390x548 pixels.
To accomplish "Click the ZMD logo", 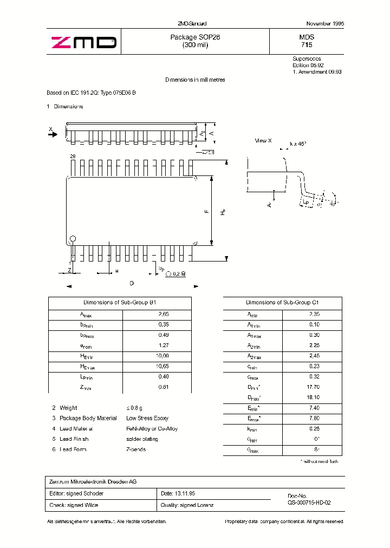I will [83, 42].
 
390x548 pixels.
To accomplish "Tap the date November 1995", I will [325, 24].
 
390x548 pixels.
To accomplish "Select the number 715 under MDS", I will [307, 46].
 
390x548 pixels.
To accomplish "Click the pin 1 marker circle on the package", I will [72, 239].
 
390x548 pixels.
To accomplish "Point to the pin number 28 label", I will [72, 156].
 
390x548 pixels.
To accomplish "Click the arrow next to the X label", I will [53, 136].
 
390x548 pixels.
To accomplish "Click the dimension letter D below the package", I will [131, 283].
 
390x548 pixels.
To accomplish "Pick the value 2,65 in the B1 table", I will [164, 314].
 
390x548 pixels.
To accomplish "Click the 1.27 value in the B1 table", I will [164, 345].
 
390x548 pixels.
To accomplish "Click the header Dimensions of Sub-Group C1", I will [282, 303].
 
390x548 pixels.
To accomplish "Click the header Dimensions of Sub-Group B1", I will [120, 303].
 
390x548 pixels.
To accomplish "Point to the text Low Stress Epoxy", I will [147, 418].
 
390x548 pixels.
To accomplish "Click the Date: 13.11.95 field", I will [178, 493].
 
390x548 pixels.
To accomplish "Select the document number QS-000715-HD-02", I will [309, 503].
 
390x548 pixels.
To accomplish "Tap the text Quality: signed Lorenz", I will [187, 505].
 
